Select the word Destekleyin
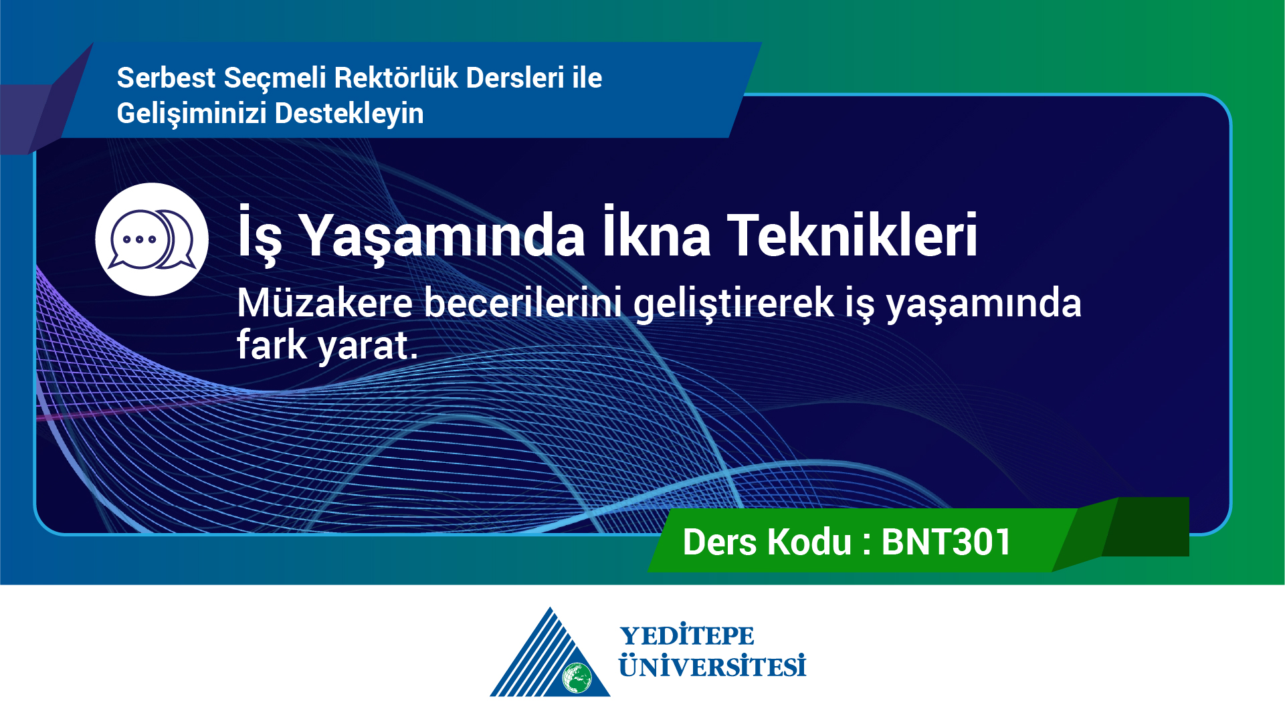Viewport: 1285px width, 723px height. pyautogui.click(x=349, y=114)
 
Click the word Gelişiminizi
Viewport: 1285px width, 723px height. pyautogui.click(x=192, y=114)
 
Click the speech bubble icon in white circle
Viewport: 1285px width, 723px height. pyautogui.click(x=152, y=239)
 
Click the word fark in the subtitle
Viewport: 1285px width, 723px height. pyautogui.click(x=272, y=344)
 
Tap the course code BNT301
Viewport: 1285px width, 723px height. pyautogui.click(x=946, y=542)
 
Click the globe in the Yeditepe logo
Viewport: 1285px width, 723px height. pyautogui.click(x=577, y=678)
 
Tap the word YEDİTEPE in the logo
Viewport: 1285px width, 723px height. pyautogui.click(x=687, y=635)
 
